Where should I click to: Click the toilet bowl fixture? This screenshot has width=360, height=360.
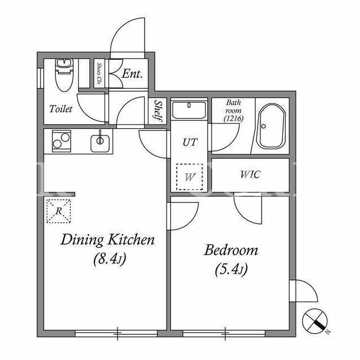(64, 75)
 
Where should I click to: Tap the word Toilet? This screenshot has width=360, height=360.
(61, 109)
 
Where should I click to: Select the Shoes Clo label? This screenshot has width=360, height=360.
(99, 74)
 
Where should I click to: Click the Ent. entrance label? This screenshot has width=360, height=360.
(132, 74)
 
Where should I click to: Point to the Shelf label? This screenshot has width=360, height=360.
(158, 111)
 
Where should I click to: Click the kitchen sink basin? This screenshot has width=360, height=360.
(100, 143)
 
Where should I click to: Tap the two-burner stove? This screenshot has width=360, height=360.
(61, 141)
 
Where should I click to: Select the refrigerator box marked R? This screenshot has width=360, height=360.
(58, 211)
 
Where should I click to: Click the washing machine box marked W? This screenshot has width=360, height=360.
(190, 177)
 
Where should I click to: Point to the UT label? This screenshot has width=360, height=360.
(190, 142)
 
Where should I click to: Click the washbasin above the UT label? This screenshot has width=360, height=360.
(189, 110)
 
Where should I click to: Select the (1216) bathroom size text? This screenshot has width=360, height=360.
(233, 119)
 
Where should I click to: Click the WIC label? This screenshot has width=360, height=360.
(250, 175)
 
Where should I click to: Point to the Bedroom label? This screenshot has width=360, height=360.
(231, 250)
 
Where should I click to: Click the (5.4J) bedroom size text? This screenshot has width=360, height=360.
(231, 269)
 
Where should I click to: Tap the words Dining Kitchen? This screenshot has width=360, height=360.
(107, 240)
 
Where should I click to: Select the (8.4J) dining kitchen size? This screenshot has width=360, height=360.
(110, 259)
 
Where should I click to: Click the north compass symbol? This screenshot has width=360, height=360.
(315, 321)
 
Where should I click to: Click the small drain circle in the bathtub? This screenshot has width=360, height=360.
(264, 126)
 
